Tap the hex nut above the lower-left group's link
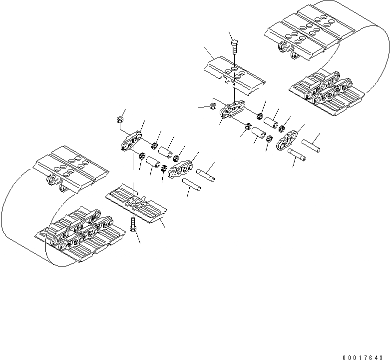120,119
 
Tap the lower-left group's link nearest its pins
182,168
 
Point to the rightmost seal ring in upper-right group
285,127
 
